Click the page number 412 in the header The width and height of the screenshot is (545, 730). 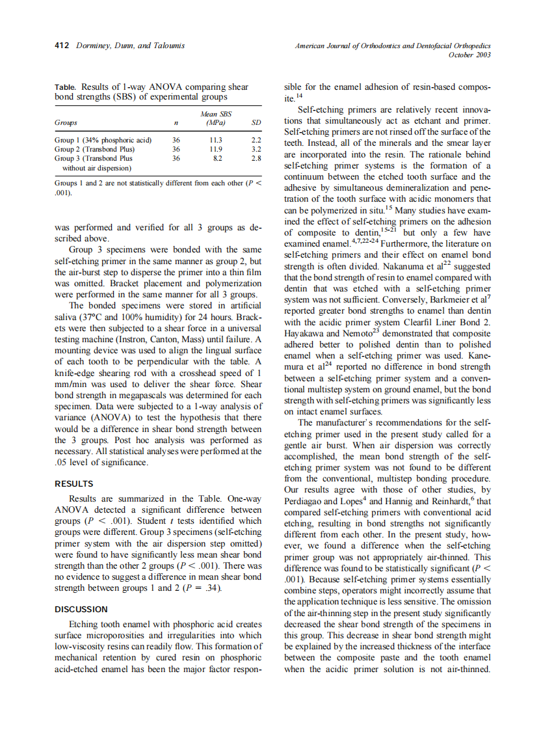pos(61,46)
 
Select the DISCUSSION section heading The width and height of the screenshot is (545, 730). pos(81,609)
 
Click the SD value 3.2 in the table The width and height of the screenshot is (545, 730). pos(256,149)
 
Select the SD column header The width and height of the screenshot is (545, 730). pos(256,123)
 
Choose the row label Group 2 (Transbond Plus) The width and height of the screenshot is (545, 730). pos(94,149)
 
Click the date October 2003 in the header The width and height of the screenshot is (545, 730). pos(470,55)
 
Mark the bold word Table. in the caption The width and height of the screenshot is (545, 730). pos(65,87)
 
